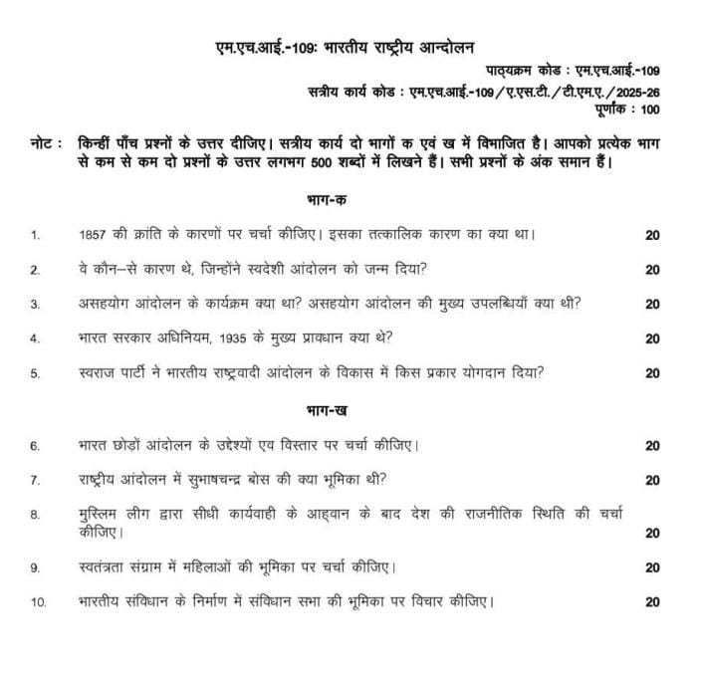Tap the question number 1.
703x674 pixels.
pos(35,236)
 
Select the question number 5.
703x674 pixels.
pos(35,374)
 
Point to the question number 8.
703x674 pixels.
pos(35,515)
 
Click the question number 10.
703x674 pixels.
pos(38,602)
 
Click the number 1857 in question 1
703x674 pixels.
pos(92,235)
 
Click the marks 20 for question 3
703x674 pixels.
pos(652,304)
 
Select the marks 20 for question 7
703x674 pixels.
pos(652,480)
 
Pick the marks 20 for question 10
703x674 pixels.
pos(652,602)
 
